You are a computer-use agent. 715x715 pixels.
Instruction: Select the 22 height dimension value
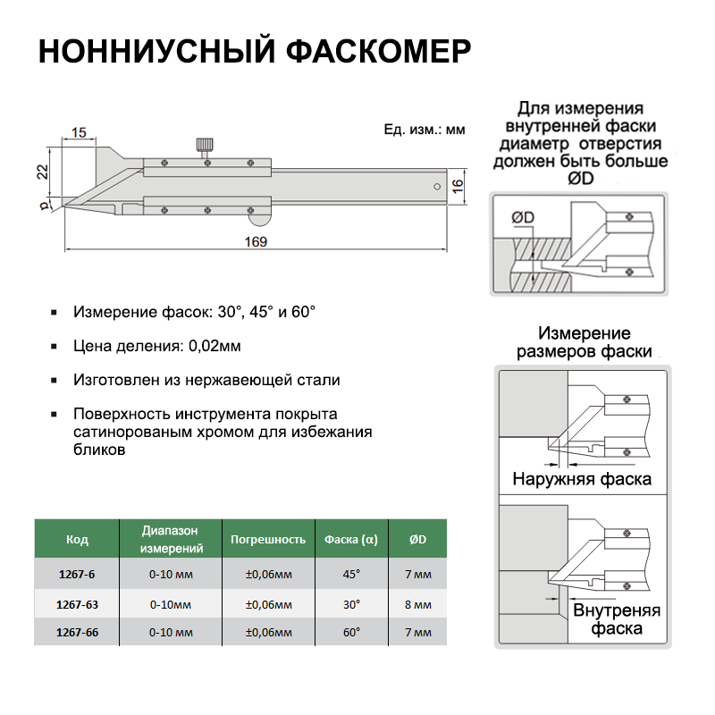point(41,172)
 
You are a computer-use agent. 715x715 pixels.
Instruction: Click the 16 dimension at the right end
point(457,185)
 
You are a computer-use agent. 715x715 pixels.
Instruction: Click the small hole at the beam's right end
point(435,187)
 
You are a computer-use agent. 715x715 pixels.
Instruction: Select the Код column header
point(77,540)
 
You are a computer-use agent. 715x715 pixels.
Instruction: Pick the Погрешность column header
point(268,540)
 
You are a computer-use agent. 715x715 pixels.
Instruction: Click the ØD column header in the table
point(417,540)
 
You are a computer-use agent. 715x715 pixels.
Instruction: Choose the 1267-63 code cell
point(77,605)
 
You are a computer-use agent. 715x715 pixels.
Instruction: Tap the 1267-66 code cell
point(77,632)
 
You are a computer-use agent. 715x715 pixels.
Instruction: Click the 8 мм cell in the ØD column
point(417,605)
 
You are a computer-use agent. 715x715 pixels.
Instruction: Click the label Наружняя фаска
point(581,479)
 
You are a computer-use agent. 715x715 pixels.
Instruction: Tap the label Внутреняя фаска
point(616,619)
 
